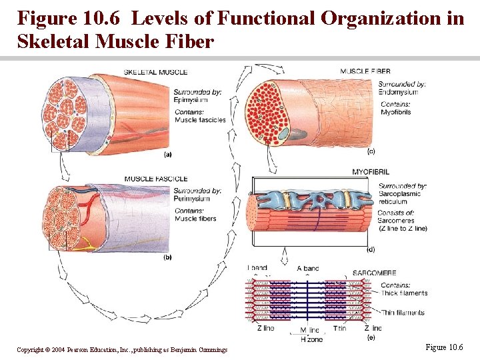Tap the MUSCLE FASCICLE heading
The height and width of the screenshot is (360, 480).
click(x=156, y=179)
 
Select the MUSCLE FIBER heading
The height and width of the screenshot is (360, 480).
click(x=365, y=71)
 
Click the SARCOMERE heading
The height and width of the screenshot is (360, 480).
click(x=374, y=273)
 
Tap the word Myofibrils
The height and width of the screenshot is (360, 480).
click(x=395, y=112)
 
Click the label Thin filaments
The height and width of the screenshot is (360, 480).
click(x=403, y=313)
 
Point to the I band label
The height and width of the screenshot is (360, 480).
click(x=257, y=269)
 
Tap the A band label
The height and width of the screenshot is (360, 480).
click(x=308, y=269)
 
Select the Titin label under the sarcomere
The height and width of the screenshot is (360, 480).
click(x=341, y=328)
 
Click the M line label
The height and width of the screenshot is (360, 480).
click(x=309, y=331)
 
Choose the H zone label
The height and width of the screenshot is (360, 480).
click(x=311, y=339)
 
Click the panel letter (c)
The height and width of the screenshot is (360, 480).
click(x=371, y=151)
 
